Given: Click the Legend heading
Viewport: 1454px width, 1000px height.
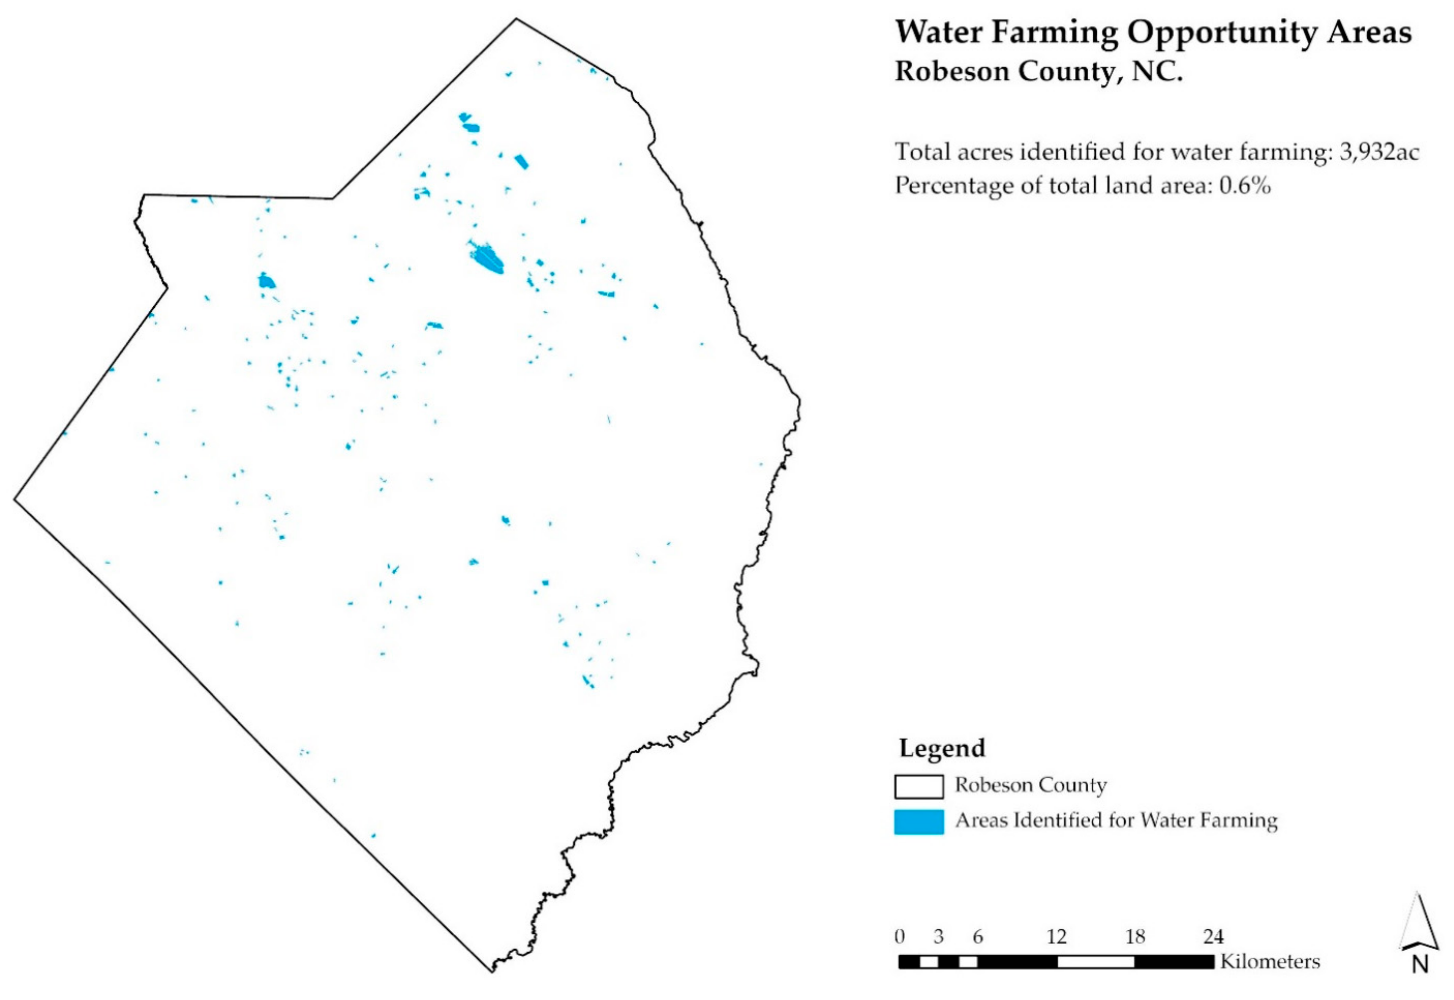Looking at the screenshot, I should (x=942, y=748).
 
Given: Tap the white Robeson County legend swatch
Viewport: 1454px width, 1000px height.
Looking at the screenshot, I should (x=918, y=787).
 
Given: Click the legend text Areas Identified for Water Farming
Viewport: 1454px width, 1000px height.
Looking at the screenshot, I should (x=1116, y=820).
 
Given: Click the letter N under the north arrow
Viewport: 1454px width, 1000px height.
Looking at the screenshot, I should (x=1419, y=981).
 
